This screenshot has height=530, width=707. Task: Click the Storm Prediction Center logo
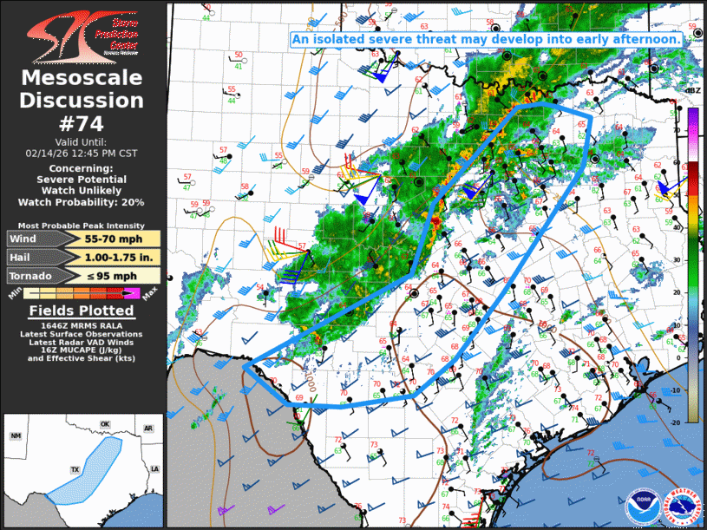(x=82, y=35)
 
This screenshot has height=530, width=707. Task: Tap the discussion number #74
(x=82, y=123)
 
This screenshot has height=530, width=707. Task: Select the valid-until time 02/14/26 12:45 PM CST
(x=82, y=153)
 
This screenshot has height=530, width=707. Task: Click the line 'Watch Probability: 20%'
(x=82, y=202)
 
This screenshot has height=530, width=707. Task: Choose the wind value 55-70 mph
(x=110, y=239)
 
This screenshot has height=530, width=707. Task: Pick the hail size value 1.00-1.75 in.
(x=110, y=258)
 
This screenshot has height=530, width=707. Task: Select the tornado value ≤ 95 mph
(x=110, y=276)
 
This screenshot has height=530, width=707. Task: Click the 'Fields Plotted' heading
(x=82, y=311)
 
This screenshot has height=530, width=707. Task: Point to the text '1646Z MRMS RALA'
(x=82, y=325)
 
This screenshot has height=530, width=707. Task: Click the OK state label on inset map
(x=105, y=425)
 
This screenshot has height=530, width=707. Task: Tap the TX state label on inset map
(x=75, y=470)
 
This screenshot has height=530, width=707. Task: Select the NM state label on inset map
(x=16, y=435)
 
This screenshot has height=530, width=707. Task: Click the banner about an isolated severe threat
(x=486, y=39)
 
